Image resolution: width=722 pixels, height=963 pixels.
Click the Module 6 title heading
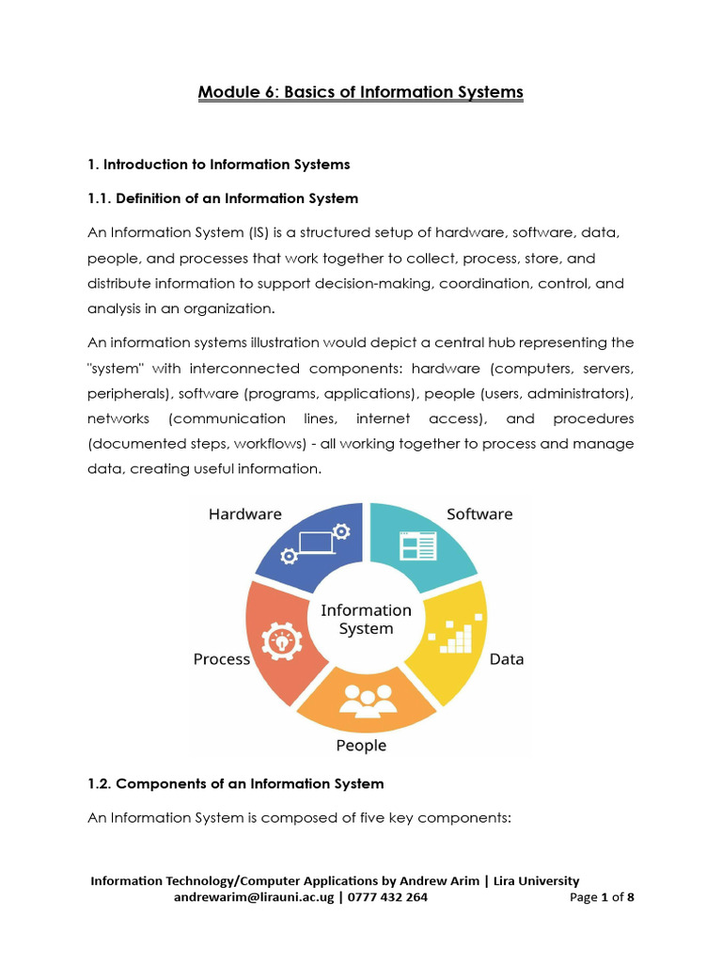pyautogui.click(x=360, y=92)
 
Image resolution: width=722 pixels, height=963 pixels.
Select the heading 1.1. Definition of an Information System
pyautogui.click(x=223, y=198)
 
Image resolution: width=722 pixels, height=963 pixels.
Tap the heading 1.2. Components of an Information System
pyautogui.click(x=236, y=783)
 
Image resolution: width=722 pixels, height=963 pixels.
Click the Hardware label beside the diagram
pyautogui.click(x=244, y=514)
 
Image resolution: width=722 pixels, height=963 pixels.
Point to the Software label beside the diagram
pyautogui.click(x=479, y=514)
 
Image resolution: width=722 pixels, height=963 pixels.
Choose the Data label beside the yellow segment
pyautogui.click(x=507, y=659)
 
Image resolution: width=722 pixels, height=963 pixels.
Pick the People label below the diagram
pyautogui.click(x=361, y=746)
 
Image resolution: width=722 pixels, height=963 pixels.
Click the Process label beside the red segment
pyautogui.click(x=222, y=659)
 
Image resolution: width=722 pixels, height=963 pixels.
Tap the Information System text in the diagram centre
pyautogui.click(x=366, y=620)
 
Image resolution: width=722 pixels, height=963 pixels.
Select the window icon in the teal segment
pyautogui.click(x=417, y=546)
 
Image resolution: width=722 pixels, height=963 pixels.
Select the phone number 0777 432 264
pyautogui.click(x=388, y=897)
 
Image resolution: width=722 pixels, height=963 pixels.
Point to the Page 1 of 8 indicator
pyautogui.click(x=602, y=897)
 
